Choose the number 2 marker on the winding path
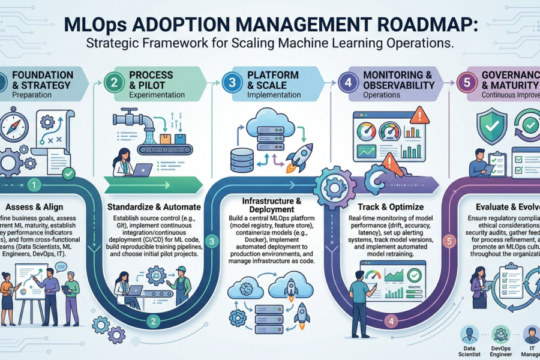154,321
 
